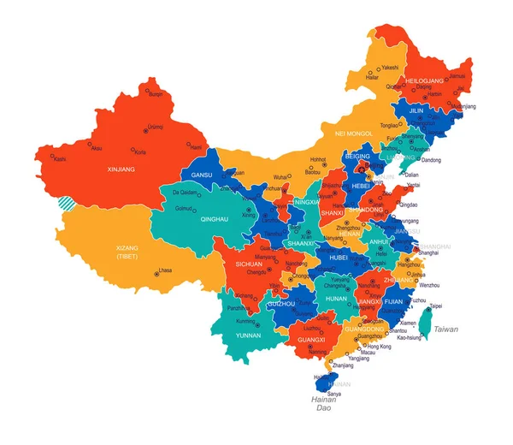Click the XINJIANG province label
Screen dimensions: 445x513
point(121,169)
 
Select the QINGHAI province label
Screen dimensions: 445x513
point(190,219)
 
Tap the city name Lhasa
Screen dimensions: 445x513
point(165,270)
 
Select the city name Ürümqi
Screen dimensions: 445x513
point(155,127)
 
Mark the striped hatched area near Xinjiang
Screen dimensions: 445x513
point(66,204)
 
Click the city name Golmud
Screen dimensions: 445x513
point(185,208)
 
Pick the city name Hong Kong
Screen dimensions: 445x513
point(379,346)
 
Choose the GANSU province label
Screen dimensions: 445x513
point(202,175)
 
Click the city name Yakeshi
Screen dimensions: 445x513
point(390,67)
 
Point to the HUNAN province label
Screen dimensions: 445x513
point(337,298)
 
